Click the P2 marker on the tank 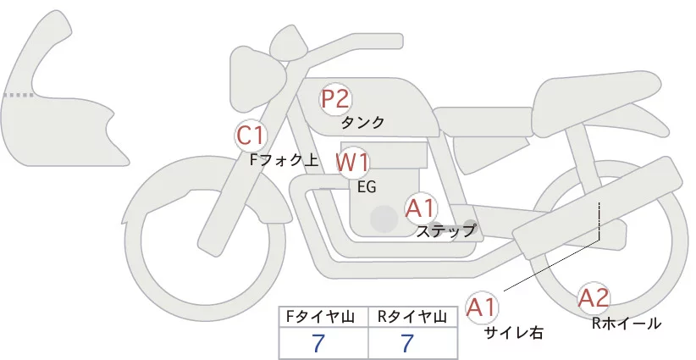tap(335, 98)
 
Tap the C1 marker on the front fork tap(251, 135)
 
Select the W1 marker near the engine tap(352, 162)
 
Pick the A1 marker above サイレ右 tap(483, 306)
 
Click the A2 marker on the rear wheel tap(594, 297)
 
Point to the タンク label tap(362, 123)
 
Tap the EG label tap(367, 186)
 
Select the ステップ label tap(446, 230)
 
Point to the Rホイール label tap(626, 323)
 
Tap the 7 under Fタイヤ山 tap(318, 343)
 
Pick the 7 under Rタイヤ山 tap(407, 343)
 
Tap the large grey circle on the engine tap(384, 219)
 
